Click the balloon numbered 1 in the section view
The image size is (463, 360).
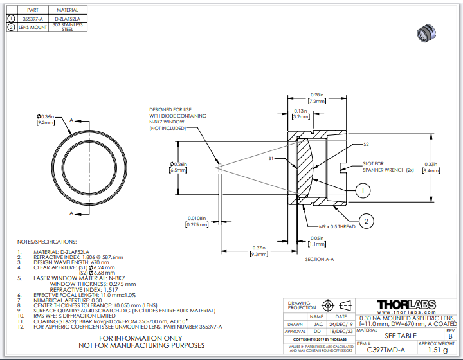[x=363, y=190]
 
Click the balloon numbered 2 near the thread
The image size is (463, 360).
[x=366, y=221]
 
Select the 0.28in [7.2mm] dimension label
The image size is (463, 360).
[x=316, y=98]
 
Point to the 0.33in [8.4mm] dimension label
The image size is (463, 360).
[x=430, y=167]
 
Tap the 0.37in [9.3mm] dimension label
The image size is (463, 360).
[x=260, y=252]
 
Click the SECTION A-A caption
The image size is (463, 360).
[x=319, y=259]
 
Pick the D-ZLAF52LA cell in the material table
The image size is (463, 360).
[x=68, y=19]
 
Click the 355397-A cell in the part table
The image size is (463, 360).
[x=33, y=19]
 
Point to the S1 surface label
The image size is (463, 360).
[x=272, y=157]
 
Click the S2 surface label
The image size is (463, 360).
[x=366, y=144]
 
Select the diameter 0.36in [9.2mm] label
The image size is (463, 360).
[x=47, y=118]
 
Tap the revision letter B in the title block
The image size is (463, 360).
[x=449, y=336]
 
